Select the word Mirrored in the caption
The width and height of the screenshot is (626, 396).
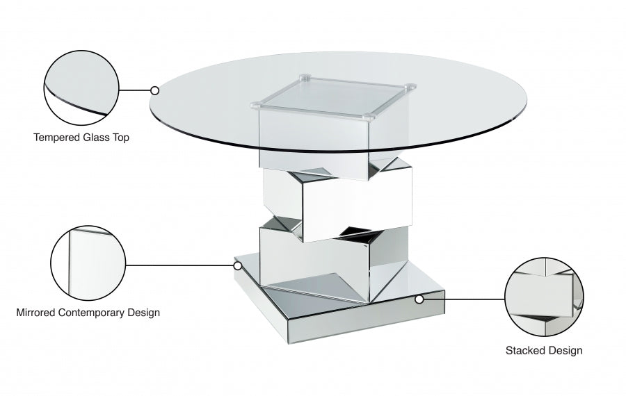[x=37, y=313]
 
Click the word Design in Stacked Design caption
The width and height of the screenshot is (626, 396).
[x=566, y=351]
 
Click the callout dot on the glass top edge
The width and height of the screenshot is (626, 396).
[x=154, y=90]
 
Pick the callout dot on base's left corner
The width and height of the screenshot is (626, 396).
[x=237, y=265]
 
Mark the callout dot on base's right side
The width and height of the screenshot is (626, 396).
[x=419, y=299]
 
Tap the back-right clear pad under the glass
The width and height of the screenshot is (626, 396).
[x=410, y=88]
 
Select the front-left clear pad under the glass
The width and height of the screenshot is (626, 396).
[x=256, y=106]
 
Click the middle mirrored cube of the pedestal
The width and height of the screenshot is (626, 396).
[x=337, y=201]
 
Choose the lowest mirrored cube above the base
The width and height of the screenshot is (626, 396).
[x=327, y=257]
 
